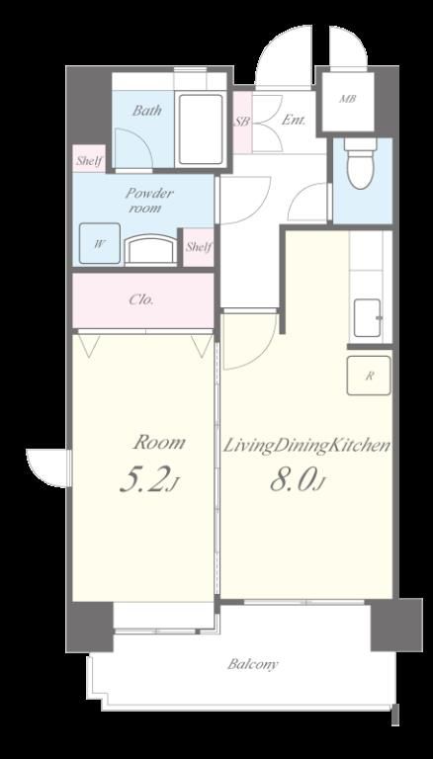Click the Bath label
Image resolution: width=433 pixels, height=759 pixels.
point(147,111)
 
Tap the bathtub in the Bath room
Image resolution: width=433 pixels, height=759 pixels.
point(201,129)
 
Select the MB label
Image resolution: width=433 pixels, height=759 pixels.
point(347,99)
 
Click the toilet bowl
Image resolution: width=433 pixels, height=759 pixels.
point(361,164)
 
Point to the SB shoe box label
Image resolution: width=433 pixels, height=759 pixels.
point(242,122)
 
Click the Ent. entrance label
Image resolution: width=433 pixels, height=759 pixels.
point(294,120)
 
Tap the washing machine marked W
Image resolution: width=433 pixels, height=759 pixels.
point(99,243)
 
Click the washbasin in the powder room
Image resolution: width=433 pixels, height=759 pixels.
point(151,250)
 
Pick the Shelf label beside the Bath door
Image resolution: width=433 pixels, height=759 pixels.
point(89,162)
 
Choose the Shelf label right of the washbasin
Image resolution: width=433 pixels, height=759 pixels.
point(199,247)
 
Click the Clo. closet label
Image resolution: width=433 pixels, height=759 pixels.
point(141,299)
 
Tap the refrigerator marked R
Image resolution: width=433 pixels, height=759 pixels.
point(369,376)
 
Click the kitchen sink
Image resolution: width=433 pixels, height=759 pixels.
point(367,318)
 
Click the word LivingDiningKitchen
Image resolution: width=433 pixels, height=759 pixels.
point(306,447)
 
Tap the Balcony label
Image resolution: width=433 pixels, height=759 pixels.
point(253,664)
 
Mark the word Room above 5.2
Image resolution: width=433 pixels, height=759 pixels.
point(159,442)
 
